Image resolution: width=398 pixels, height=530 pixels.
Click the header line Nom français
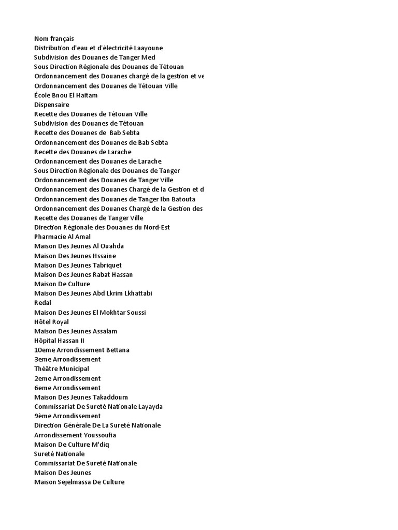[x=54, y=38]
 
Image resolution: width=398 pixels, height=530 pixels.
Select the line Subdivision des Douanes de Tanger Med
[x=94, y=57]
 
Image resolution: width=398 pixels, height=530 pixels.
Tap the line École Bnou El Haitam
[x=66, y=95]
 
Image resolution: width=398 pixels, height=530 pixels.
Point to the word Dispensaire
[x=51, y=105]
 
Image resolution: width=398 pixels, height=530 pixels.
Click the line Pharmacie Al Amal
[x=62, y=237]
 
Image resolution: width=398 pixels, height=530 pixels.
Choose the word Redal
[x=43, y=303]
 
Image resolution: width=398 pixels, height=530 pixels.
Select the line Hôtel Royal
[x=51, y=322]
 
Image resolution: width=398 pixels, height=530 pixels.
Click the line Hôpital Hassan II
[x=59, y=341]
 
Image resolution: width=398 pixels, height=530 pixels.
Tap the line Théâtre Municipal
[x=62, y=369]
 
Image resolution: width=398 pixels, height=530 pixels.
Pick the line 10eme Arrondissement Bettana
[x=82, y=350]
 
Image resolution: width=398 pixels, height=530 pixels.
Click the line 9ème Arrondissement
[x=67, y=416]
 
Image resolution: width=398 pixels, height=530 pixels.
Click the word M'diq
[x=101, y=445]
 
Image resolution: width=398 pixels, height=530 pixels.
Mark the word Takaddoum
[x=110, y=397]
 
